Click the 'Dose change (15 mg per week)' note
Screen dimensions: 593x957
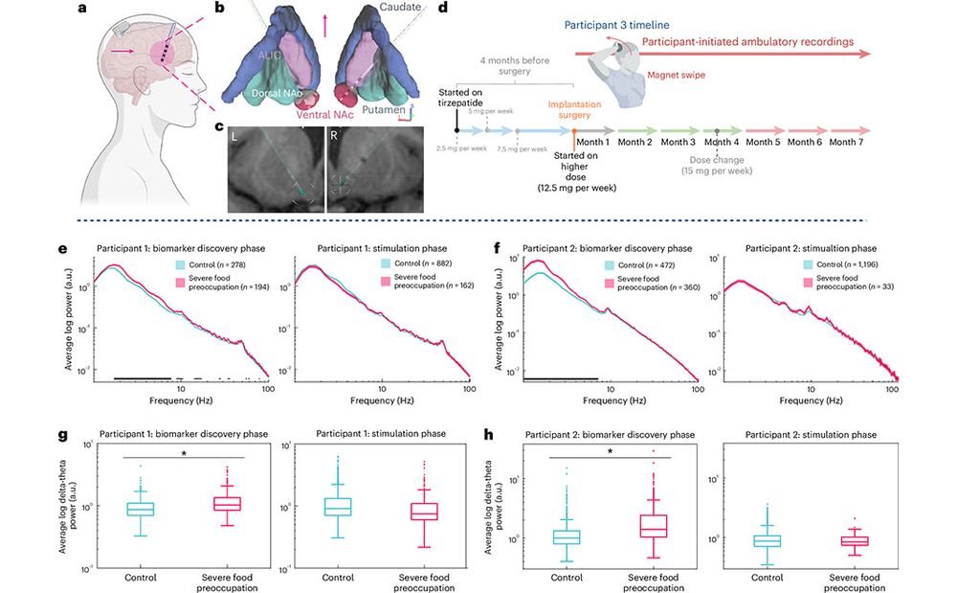point(718,165)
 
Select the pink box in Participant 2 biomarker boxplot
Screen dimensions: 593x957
point(654,524)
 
